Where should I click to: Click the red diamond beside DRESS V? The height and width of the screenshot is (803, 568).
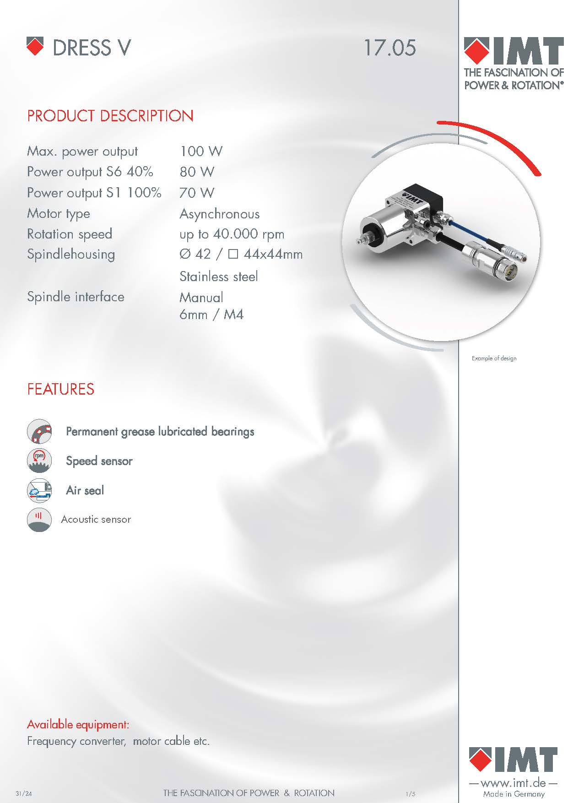[x=35, y=46]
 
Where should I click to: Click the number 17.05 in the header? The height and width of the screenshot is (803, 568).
[x=389, y=48]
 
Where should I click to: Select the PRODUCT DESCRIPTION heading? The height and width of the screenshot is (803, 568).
[x=110, y=116]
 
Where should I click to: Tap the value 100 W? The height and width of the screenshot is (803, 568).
[x=201, y=151]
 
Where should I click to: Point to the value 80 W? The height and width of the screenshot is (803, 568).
[x=197, y=172]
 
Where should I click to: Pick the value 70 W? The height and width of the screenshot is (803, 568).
[x=197, y=193]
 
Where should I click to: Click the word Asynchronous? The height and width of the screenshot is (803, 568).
[x=219, y=214]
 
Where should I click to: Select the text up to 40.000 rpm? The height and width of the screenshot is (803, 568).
[x=232, y=234]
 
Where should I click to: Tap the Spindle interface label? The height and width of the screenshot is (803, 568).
[x=76, y=297]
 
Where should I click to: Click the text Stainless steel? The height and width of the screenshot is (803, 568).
[x=218, y=277]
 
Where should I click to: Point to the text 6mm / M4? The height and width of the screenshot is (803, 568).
[x=211, y=315]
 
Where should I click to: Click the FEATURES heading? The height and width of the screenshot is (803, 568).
[x=60, y=389]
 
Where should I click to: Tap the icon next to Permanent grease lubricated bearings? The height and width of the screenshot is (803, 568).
[x=39, y=431]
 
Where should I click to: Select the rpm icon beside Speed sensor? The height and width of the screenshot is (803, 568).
[x=39, y=461]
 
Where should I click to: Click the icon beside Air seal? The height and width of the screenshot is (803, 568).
[x=39, y=490]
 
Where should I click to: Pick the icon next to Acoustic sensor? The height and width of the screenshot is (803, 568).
[x=39, y=520]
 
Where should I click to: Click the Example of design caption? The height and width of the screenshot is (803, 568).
[x=494, y=358]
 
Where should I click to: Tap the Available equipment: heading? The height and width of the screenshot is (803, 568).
[x=78, y=724]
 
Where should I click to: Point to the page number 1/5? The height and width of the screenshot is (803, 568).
[x=410, y=794]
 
